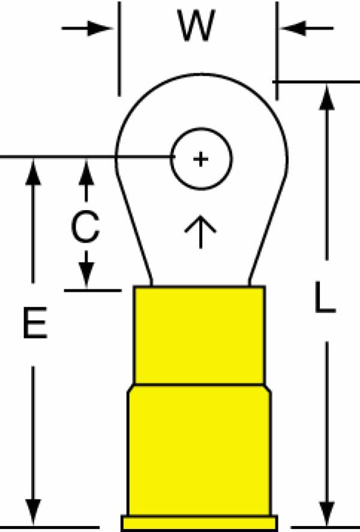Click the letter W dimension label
click(x=196, y=26)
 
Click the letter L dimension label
click(x=325, y=297)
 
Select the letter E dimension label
click(x=35, y=322)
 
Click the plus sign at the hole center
click(x=200, y=159)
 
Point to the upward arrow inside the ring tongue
click(x=200, y=231)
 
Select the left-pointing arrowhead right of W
click(x=293, y=28)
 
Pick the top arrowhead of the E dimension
click(x=33, y=172)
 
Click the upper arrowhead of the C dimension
click(x=86, y=172)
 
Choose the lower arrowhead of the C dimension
click(x=86, y=275)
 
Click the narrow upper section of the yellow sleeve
click(x=199, y=336)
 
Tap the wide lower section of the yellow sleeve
click(x=199, y=450)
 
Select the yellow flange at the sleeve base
click(x=200, y=524)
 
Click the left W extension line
click(x=119, y=49)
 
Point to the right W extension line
click(x=277, y=51)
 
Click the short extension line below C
click(x=93, y=291)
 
